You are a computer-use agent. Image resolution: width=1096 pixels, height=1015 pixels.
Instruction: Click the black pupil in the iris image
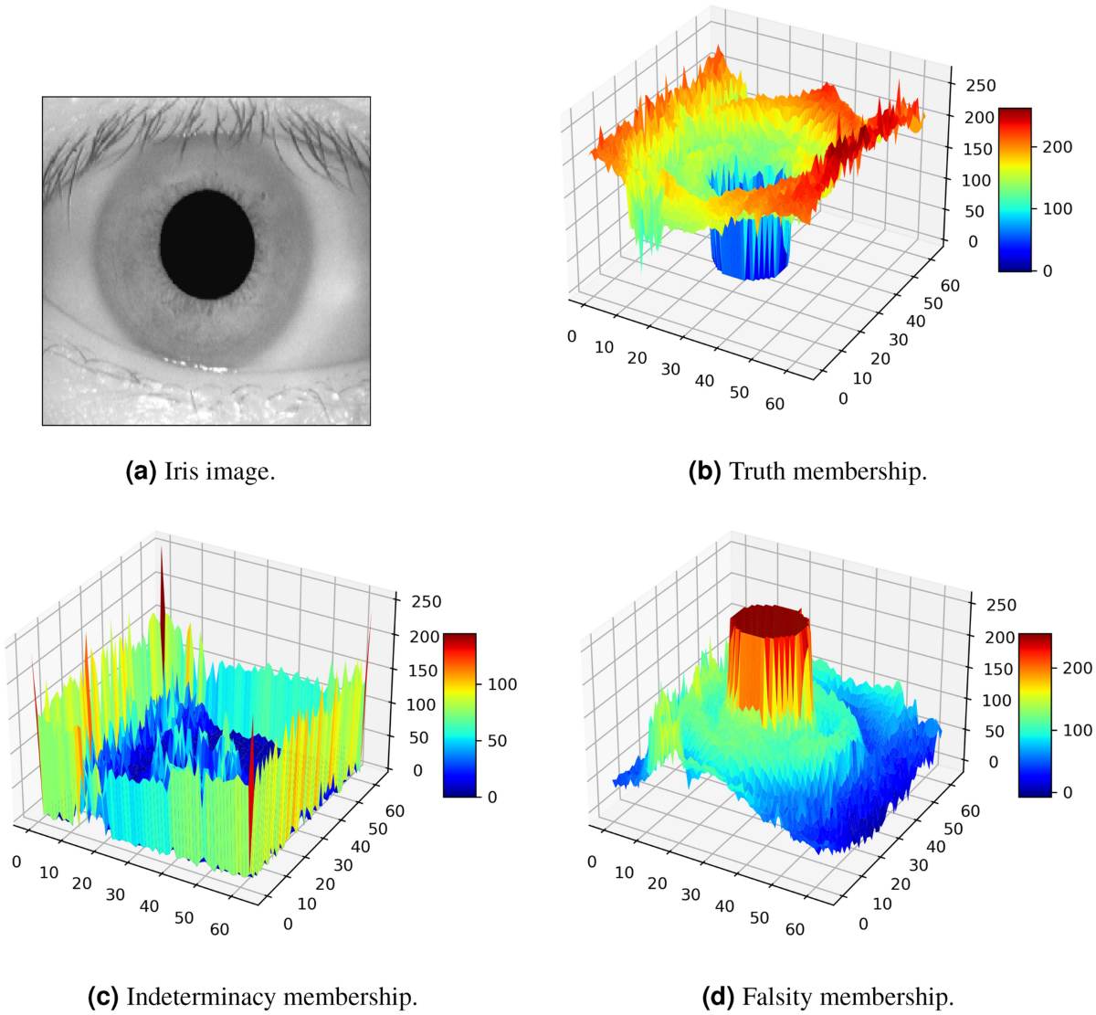(x=207, y=244)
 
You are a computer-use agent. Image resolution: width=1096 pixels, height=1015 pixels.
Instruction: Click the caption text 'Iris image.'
(x=219, y=471)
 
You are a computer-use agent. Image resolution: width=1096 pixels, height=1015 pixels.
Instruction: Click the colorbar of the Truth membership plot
(x=1014, y=189)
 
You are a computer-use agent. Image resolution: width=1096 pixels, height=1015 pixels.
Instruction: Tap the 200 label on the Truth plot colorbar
(x=1058, y=146)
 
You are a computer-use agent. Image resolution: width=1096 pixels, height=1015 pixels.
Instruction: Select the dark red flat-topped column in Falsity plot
(x=770, y=621)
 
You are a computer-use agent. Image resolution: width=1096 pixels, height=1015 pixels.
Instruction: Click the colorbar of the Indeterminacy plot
(x=458, y=714)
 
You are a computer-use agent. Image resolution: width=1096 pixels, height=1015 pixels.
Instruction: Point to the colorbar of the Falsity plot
(x=1034, y=714)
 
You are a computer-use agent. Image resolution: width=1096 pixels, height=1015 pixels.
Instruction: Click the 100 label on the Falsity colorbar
(x=1078, y=730)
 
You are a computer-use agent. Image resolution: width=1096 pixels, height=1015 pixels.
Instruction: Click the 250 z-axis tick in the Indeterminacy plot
(x=426, y=601)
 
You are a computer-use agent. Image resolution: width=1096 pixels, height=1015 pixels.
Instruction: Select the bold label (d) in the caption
(x=720, y=996)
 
